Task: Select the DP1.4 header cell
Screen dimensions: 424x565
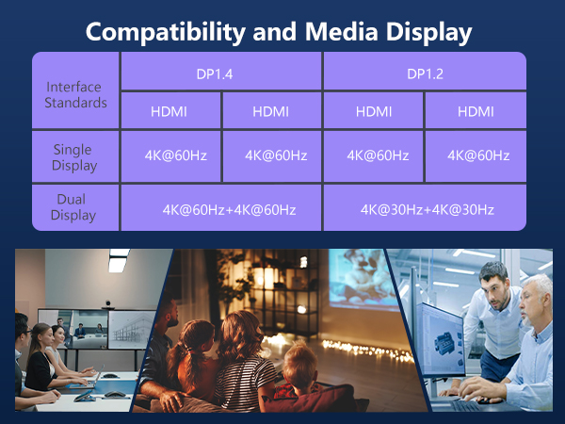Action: [x=221, y=72]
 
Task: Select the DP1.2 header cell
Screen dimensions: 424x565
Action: [x=425, y=72]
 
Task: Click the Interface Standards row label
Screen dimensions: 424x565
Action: [x=75, y=94]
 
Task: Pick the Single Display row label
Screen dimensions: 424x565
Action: [x=75, y=157]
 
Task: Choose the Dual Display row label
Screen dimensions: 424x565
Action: [x=75, y=208]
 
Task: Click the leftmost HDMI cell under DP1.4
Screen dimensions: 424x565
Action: [x=169, y=112]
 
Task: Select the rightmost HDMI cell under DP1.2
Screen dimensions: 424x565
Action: [x=476, y=112]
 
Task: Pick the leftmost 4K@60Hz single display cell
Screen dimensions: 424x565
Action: [x=171, y=155]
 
